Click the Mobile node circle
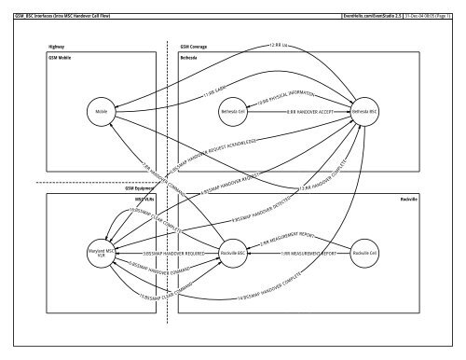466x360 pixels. point(103,113)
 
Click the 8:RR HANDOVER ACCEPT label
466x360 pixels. point(295,113)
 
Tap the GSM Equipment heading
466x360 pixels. point(139,187)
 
